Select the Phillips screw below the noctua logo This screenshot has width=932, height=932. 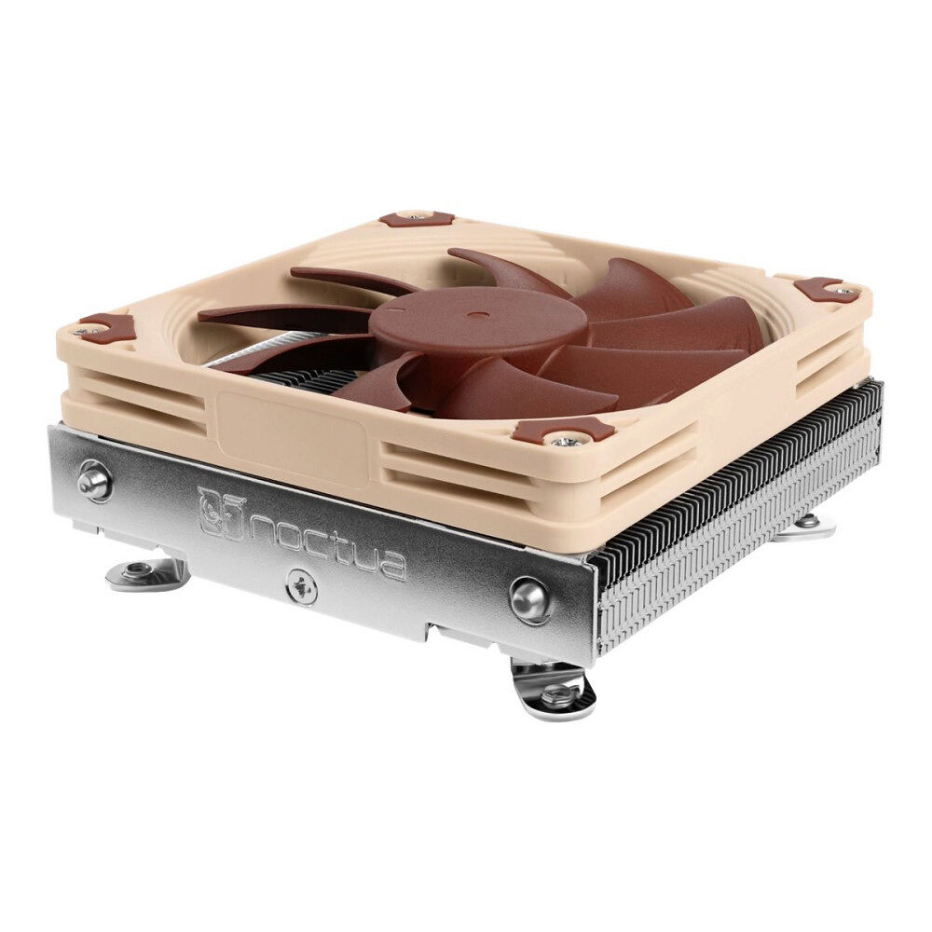click(x=301, y=585)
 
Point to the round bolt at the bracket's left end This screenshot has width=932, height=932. click(x=94, y=480)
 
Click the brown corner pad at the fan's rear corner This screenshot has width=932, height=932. click(x=417, y=219)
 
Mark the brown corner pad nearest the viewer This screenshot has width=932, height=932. click(x=563, y=431)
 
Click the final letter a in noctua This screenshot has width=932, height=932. click(x=392, y=564)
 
